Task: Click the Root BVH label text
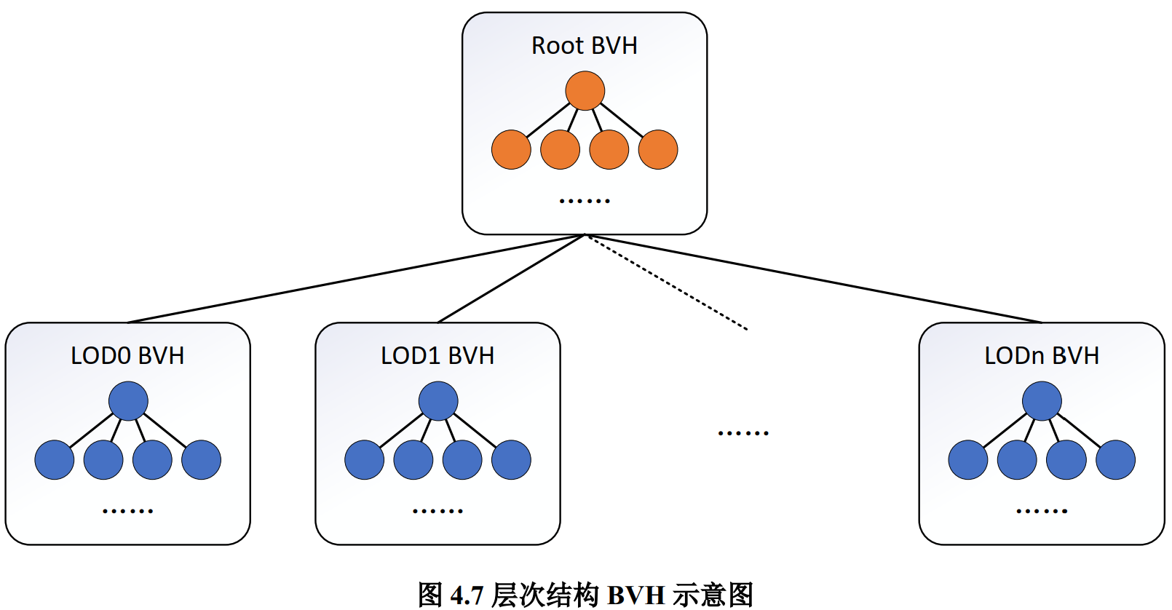(x=584, y=46)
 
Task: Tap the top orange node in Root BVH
(x=585, y=91)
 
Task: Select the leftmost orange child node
(x=511, y=150)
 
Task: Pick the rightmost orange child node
(x=658, y=150)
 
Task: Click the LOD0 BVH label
(x=127, y=356)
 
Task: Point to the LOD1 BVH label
(x=437, y=356)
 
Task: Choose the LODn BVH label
(x=1042, y=356)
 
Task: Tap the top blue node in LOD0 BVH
(x=128, y=401)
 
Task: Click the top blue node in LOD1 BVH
(x=438, y=401)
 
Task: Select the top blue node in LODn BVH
(x=1042, y=401)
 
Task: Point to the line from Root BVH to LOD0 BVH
(x=357, y=278)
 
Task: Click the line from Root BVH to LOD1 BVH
(x=511, y=278)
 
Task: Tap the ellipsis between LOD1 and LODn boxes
(x=743, y=433)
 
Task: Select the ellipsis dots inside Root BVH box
(x=584, y=200)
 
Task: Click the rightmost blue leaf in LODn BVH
(x=1115, y=460)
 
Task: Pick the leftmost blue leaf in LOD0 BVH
(x=55, y=460)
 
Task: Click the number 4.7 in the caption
(x=467, y=595)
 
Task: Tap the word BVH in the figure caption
(x=636, y=595)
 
